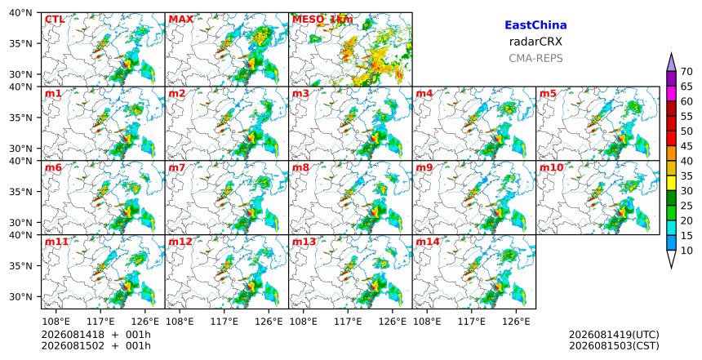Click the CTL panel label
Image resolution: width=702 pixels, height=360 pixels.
point(55,20)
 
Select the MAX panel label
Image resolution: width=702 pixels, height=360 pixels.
point(181,20)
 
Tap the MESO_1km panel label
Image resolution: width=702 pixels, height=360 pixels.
point(322,20)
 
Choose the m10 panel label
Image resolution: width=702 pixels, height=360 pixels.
point(552,167)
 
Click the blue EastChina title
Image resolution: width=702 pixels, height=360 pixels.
point(535,25)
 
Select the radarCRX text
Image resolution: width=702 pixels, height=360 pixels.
point(535,42)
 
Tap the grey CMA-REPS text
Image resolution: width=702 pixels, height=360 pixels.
point(535,58)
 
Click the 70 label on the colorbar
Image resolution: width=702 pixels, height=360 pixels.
point(686,72)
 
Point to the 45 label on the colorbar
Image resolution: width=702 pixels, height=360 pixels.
point(686,146)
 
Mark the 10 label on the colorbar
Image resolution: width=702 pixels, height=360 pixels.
point(686,250)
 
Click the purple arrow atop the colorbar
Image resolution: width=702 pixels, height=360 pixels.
point(671,64)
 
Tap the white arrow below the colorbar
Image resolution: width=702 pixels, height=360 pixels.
point(671,258)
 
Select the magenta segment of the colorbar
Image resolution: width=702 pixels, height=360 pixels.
point(671,94)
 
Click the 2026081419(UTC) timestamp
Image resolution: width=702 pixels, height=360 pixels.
point(614,335)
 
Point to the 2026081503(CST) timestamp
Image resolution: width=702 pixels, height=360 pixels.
point(614,346)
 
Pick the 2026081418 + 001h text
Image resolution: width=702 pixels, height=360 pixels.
point(96,335)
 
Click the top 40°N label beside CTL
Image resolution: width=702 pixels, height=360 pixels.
point(20,13)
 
